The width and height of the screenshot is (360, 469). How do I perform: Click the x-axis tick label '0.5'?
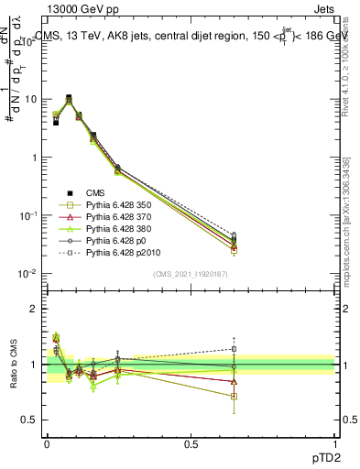coord(191,444)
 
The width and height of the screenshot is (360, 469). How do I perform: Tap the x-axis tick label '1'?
coord(333,444)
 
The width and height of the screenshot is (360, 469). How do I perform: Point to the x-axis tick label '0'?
coord(47,444)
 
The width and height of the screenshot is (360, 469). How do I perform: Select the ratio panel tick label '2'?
coord(35,309)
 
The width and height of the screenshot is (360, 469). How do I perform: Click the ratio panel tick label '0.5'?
coord(30,420)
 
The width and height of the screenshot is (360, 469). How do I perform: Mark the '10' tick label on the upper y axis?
coord(30,99)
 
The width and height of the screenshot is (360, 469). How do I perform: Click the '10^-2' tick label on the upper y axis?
coord(28,274)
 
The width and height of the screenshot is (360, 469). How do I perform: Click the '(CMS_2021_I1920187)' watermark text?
coord(190,275)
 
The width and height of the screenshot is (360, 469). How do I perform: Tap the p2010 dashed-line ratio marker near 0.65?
coord(234,349)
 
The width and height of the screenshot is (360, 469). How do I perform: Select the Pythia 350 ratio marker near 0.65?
coord(234,397)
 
